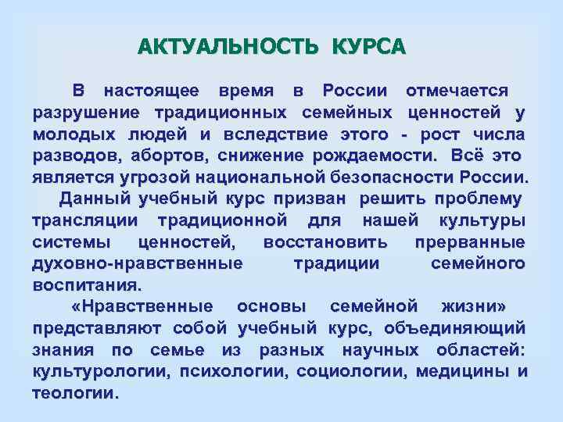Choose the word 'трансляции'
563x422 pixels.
coord(82,221)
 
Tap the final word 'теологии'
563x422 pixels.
coord(75,392)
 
